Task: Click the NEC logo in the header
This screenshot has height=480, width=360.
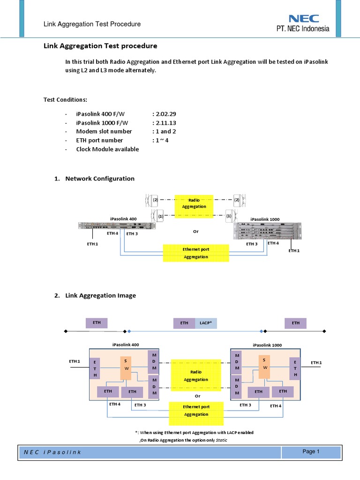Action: tap(304, 19)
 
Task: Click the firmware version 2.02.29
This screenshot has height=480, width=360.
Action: tap(164, 114)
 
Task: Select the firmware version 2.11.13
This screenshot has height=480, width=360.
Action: tap(164, 123)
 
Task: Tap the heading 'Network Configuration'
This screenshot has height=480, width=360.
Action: tap(100, 179)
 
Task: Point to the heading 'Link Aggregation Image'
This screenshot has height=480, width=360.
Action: tap(101, 295)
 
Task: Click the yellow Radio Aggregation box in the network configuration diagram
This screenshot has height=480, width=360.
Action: tap(197, 203)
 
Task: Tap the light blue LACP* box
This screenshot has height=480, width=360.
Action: tap(206, 323)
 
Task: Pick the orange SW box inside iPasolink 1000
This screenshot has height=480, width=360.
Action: tap(264, 364)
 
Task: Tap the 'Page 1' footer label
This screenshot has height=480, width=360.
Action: tap(311, 452)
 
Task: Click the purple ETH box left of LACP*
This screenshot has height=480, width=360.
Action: tap(184, 323)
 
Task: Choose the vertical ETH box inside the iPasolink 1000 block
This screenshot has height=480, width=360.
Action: tap(295, 369)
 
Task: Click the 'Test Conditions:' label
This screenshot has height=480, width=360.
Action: tap(65, 100)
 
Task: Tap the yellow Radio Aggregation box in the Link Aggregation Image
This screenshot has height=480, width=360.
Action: tap(196, 376)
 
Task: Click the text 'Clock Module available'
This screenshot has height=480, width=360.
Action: tap(107, 149)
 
